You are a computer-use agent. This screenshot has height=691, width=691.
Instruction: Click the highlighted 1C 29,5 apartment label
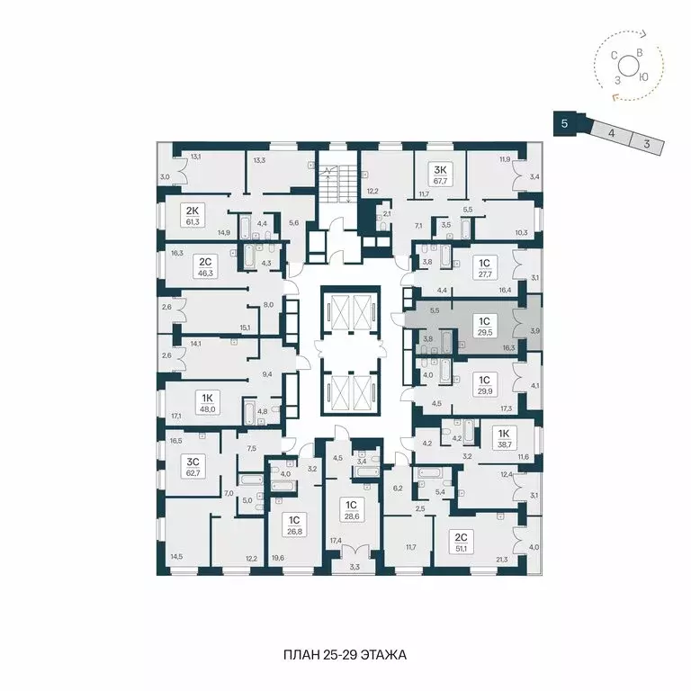484,325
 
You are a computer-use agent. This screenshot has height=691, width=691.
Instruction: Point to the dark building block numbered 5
564,123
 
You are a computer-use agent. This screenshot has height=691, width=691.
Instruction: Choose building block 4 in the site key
611,133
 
